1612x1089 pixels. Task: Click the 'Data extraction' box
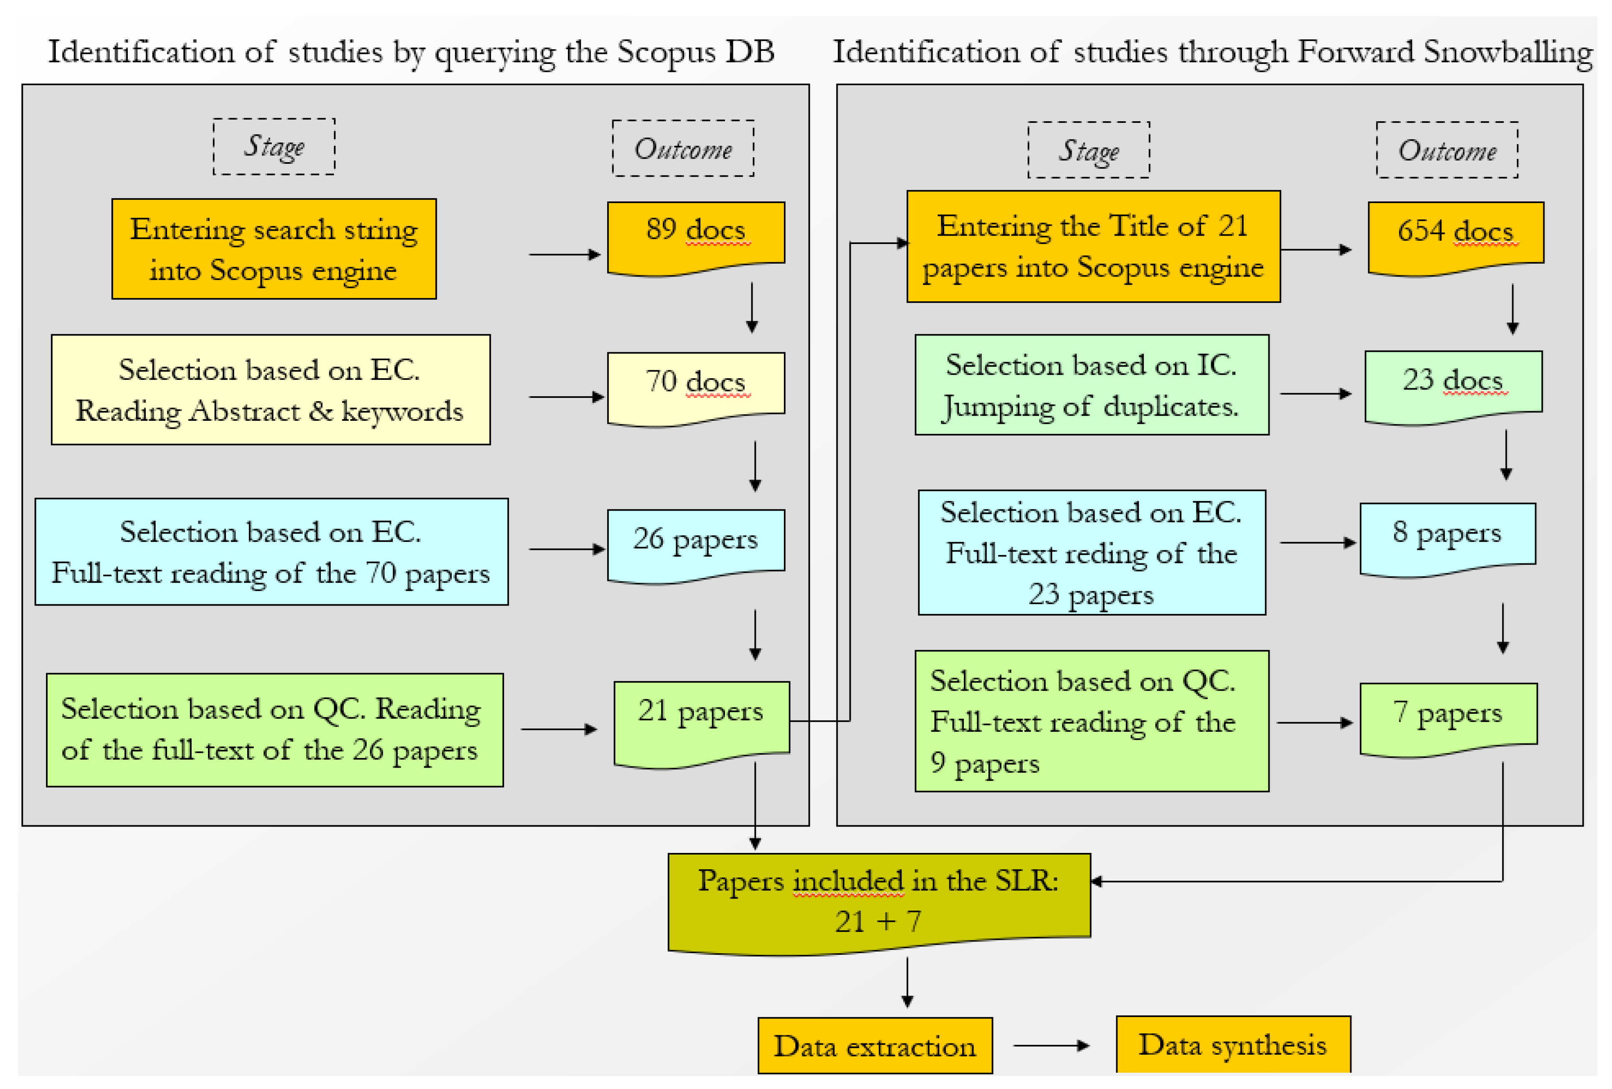pyautogui.click(x=874, y=1045)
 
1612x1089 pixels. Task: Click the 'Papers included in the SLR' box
pyautogui.click(x=878, y=901)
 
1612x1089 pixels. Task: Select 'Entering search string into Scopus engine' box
pyautogui.click(x=274, y=249)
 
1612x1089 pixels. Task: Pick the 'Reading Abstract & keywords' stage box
pyautogui.click(x=271, y=389)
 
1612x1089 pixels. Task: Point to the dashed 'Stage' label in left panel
pyautogui.click(x=274, y=146)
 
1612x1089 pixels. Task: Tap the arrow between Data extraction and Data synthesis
pyautogui.click(x=1050, y=1045)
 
